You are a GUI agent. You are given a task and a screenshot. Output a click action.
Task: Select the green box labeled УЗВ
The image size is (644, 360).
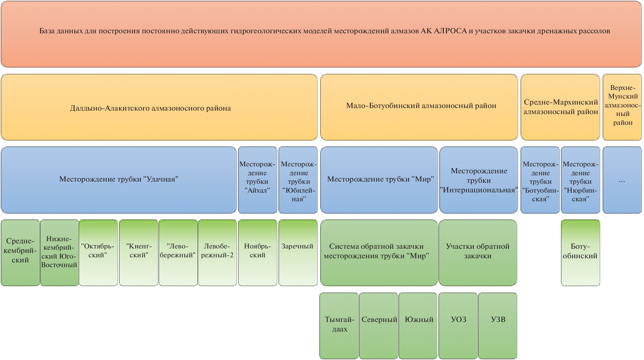(498, 325)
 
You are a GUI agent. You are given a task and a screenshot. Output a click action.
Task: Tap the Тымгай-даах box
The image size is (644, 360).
(339, 325)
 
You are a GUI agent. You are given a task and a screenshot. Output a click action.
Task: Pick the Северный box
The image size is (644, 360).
(379, 325)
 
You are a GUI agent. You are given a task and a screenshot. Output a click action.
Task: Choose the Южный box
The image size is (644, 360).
(418, 325)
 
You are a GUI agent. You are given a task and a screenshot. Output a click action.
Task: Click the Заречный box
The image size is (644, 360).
(298, 253)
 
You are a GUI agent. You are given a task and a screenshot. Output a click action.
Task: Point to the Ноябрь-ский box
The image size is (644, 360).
(257, 253)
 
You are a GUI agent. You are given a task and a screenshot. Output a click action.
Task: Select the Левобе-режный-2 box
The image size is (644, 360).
(217, 253)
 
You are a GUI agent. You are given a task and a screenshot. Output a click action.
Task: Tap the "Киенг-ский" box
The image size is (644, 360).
(139, 253)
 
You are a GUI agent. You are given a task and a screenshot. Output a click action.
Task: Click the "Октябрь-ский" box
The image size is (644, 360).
(98, 253)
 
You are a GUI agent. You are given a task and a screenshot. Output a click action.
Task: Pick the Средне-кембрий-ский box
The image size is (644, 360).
(20, 253)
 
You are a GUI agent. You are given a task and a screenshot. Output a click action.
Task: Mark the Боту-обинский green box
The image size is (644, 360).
(580, 253)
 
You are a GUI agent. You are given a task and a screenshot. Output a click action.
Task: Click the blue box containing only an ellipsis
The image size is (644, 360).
(622, 180)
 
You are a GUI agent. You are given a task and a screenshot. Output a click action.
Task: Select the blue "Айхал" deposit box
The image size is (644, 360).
(257, 180)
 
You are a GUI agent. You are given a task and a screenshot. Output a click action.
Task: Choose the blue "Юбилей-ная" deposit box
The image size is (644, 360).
(298, 180)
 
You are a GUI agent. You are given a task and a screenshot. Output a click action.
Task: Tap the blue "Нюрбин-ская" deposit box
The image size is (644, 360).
(580, 180)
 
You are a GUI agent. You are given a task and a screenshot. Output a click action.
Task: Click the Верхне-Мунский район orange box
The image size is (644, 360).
(622, 107)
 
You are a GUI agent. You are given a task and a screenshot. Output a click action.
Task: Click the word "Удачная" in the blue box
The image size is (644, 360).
(161, 179)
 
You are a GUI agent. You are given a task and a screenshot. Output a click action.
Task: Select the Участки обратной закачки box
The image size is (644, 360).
(478, 253)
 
